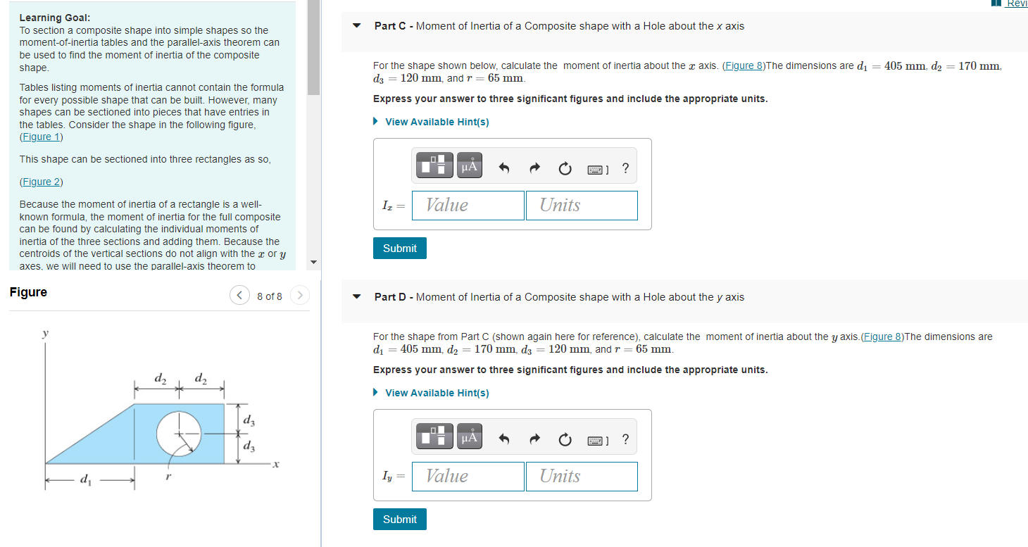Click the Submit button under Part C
tap(399, 249)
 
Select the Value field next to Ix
tap(468, 206)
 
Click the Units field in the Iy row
tap(582, 477)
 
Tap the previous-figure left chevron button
tap(239, 296)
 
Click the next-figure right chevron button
tap(299, 296)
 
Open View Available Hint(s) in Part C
tap(437, 122)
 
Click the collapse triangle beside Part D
tap(357, 297)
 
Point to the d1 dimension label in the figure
tap(86, 481)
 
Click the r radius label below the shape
tap(168, 477)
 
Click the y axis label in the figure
tap(46, 334)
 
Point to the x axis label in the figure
tap(277, 465)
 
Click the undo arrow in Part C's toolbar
tap(503, 168)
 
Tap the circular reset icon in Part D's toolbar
tap(564, 440)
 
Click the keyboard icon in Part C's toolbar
tap(596, 168)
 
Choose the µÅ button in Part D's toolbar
tap(470, 437)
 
